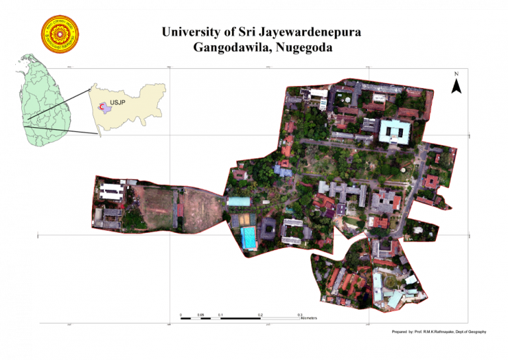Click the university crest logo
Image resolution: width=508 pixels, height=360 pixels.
[x=60, y=34]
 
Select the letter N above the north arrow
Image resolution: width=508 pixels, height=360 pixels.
[x=456, y=73]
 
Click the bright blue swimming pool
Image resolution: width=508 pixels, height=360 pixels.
[x=249, y=238]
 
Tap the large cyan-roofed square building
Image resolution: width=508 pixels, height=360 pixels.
[x=395, y=132]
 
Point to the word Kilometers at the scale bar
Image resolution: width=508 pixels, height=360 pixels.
[x=309, y=318]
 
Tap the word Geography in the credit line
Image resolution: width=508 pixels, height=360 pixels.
[x=476, y=331]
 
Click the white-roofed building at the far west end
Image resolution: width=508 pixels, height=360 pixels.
[x=110, y=191]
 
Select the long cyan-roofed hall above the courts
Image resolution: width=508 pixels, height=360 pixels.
[x=239, y=201]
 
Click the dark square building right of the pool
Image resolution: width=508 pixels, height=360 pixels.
[x=269, y=229]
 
